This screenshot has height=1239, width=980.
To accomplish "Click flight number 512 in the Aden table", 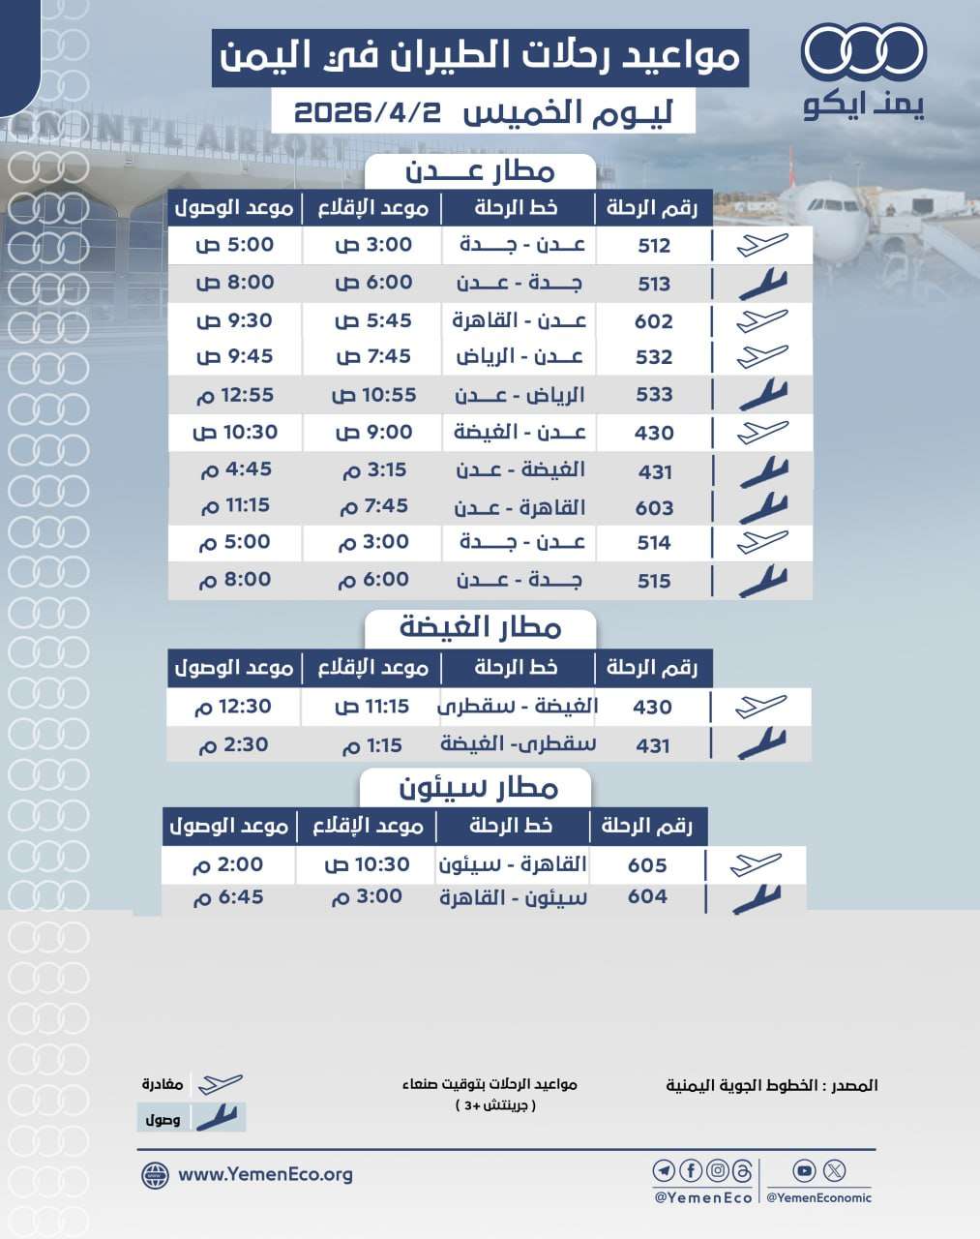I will [654, 246].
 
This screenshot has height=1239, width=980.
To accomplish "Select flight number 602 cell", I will [654, 321].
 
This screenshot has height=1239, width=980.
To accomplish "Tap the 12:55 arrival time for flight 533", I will [235, 395].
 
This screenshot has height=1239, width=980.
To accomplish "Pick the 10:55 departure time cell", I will [373, 395].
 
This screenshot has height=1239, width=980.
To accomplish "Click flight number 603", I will [654, 508].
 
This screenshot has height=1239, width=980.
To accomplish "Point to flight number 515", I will [654, 581].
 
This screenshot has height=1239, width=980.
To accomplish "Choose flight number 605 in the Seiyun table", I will [647, 865].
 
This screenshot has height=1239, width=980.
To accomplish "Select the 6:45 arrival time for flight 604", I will [228, 897].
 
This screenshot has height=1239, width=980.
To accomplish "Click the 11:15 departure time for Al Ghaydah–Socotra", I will [372, 707].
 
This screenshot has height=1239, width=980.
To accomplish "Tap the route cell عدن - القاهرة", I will [520, 320].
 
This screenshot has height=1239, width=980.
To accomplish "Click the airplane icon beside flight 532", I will [762, 356].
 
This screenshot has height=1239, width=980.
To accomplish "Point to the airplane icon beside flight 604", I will [757, 899].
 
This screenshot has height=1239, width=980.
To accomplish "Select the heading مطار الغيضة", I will [481, 627].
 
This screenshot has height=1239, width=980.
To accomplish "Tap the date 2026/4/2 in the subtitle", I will [367, 112].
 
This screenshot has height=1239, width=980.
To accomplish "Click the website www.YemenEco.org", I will [265, 1175].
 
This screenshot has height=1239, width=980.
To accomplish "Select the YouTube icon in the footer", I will [804, 1171].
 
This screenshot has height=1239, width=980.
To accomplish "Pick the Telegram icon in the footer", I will [664, 1171].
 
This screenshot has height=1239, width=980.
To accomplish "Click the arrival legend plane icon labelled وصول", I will [217, 1118].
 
